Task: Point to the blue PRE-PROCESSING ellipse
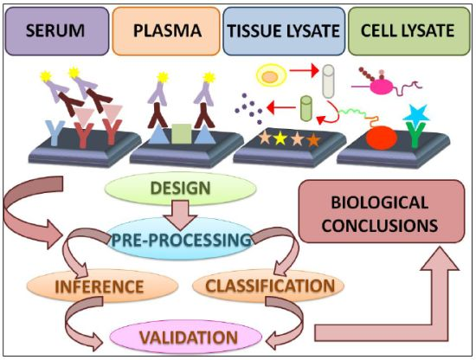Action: [x=182, y=236]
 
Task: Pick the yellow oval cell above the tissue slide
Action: [x=270, y=78]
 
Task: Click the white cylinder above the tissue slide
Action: [x=327, y=80]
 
